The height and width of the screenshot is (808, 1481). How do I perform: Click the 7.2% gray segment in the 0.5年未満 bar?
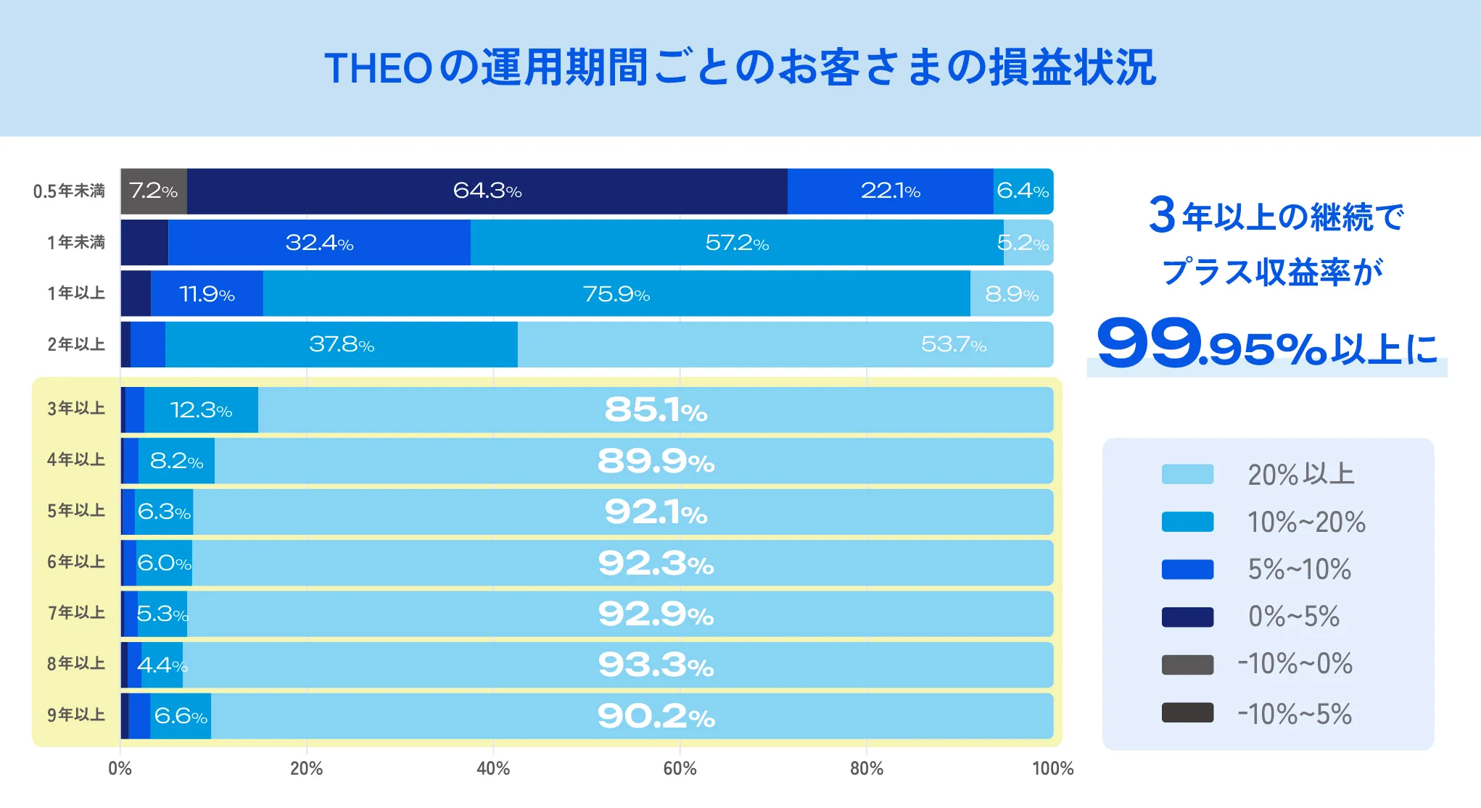tap(153, 191)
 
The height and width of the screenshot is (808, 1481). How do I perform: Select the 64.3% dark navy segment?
tap(487, 191)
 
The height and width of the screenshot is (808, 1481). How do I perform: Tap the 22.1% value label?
tap(890, 191)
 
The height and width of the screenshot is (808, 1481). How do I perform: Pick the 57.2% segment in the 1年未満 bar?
tap(736, 243)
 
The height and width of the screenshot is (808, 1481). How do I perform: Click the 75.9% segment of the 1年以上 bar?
tap(616, 294)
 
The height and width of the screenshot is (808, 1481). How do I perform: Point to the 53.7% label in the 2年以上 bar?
tap(953, 345)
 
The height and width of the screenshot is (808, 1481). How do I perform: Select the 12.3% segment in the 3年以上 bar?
tap(201, 410)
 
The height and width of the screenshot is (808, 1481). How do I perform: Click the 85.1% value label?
tap(656, 410)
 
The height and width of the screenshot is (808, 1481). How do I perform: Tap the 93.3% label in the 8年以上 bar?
tap(656, 665)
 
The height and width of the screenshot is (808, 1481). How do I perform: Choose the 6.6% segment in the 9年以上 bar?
tap(181, 717)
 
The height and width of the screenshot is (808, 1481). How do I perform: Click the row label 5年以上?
tap(76, 511)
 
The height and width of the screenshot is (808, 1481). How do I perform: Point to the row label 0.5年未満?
tap(69, 191)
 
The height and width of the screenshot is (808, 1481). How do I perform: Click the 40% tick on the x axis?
tap(493, 769)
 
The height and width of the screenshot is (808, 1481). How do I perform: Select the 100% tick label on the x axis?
tap(1052, 769)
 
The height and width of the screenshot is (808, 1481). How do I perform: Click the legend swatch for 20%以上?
tap(1187, 475)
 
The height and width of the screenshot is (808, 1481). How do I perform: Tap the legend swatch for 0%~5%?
tap(1187, 617)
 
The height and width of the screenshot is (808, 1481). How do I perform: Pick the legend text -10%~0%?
tap(1295, 664)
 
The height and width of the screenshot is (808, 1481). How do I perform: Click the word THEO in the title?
tap(378, 69)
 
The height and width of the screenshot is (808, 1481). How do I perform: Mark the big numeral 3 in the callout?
tap(1162, 215)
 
